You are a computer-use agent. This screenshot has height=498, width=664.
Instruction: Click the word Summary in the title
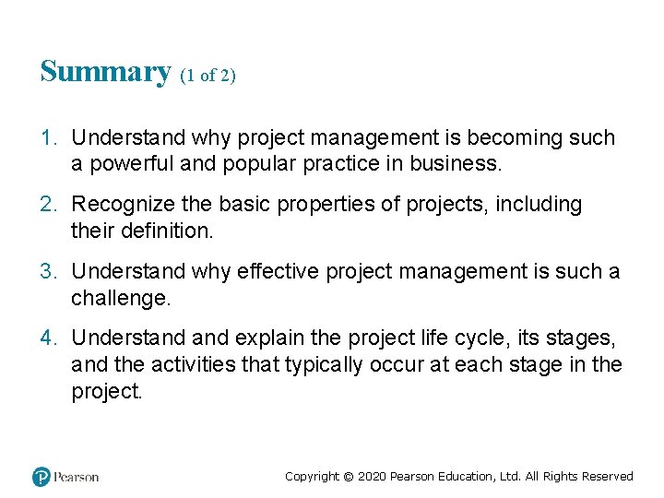point(105,72)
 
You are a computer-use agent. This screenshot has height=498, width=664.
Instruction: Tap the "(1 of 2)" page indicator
point(208,77)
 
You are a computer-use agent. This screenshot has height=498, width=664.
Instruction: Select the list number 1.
point(48,138)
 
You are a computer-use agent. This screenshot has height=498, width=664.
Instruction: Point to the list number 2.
point(48,205)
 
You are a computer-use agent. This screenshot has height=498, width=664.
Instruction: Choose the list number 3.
point(48,272)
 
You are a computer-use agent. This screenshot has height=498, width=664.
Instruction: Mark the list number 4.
point(48,338)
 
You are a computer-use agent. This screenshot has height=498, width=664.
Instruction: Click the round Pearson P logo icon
point(41,477)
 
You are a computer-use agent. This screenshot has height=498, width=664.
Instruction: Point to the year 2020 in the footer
point(371,477)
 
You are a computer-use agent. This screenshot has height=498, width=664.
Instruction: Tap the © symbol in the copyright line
point(348,477)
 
